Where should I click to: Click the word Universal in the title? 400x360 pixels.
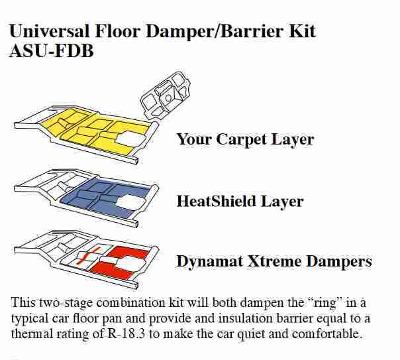click(50, 31)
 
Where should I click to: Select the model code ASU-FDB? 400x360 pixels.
click(52, 51)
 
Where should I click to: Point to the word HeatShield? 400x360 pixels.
click(216, 201)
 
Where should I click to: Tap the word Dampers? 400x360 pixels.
click(339, 262)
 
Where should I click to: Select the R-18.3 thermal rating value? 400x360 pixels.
click(126, 333)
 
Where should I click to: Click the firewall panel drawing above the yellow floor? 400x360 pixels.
click(166, 95)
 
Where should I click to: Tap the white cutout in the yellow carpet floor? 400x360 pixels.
click(130, 139)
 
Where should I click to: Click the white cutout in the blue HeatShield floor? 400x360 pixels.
click(130, 202)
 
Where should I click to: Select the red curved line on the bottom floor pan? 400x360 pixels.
click(89, 255)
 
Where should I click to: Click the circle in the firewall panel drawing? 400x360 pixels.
click(168, 97)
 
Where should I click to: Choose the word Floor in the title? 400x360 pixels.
click(118, 31)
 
